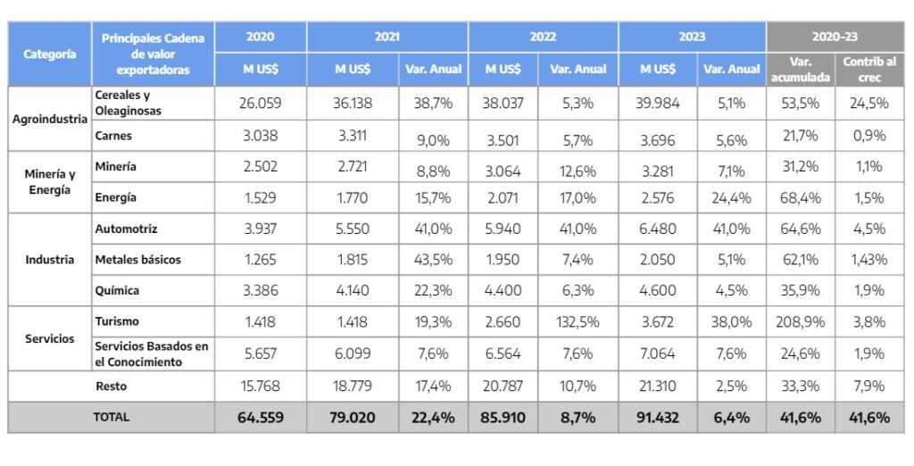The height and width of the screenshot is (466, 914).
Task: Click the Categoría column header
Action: click(50, 54)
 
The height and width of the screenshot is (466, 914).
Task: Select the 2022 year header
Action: click(542, 37)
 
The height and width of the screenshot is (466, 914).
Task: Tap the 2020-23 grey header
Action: click(834, 37)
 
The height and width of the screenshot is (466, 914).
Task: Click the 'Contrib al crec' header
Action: click(869, 69)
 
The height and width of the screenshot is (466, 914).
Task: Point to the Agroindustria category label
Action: click(50, 119)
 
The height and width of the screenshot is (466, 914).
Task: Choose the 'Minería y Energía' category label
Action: click(50, 182)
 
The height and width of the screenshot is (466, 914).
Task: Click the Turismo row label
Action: click(117, 320)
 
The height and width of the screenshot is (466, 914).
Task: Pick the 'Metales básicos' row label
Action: click(138, 260)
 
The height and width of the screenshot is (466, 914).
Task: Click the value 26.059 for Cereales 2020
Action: click(260, 103)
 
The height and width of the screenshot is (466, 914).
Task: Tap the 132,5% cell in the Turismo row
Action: click(577, 321)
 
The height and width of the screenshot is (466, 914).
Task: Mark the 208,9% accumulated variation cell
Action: click(800, 321)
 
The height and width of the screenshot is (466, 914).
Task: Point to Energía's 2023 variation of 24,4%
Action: click(732, 197)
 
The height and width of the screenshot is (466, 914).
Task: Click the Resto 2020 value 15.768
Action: click(260, 387)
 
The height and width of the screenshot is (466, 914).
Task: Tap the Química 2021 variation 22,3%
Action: click(434, 290)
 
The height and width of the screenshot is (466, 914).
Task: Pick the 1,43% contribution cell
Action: click(869, 260)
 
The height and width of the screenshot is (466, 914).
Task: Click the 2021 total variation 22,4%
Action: click(434, 417)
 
